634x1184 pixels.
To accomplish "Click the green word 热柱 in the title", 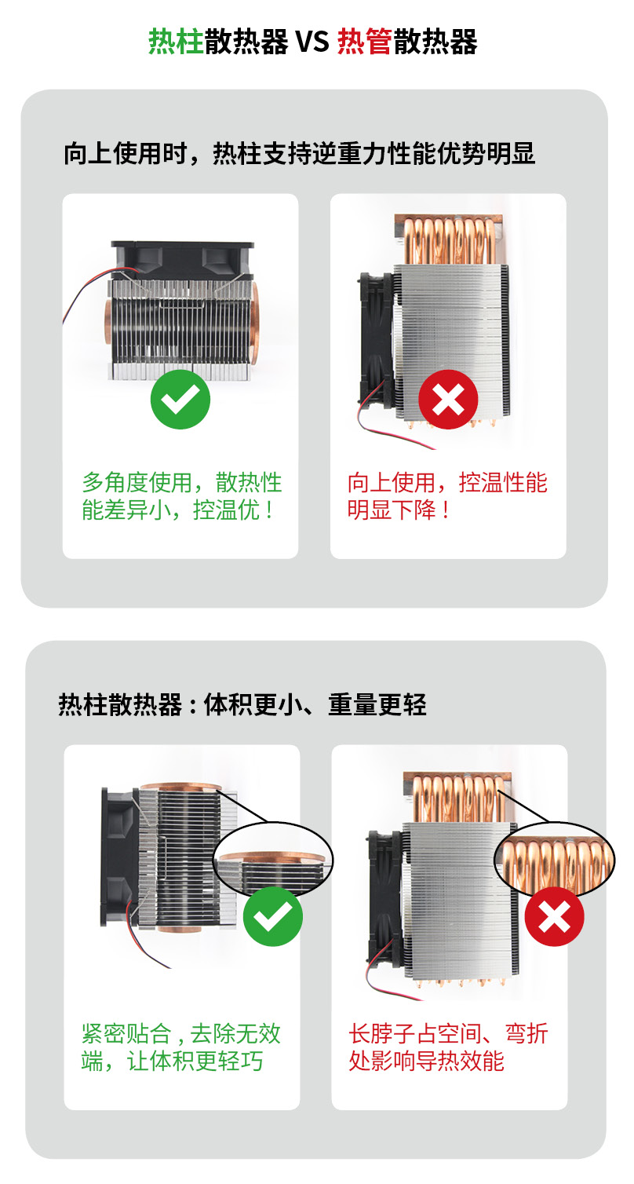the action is tap(176, 42).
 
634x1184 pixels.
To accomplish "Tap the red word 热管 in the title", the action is tap(365, 42).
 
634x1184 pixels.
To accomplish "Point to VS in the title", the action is tap(312, 42).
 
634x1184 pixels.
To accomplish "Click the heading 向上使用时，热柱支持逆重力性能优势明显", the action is tap(300, 154).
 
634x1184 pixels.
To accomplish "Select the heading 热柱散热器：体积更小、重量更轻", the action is tap(242, 704).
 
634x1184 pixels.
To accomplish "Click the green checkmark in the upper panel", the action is tap(180, 399).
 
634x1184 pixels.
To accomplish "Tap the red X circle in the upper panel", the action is tap(448, 399).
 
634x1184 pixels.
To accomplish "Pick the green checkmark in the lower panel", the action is tap(272, 916).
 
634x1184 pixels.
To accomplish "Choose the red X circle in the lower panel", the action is tap(554, 916).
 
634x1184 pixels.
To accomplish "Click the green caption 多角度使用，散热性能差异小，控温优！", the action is tap(182, 495).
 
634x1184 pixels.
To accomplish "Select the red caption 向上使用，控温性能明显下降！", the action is tap(447, 495).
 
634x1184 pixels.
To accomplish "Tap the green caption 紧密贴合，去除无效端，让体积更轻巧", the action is tap(180, 1047).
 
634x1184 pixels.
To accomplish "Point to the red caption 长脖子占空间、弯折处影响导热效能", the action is tap(448, 1047).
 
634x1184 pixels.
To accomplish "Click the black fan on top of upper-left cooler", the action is tap(182, 260).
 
